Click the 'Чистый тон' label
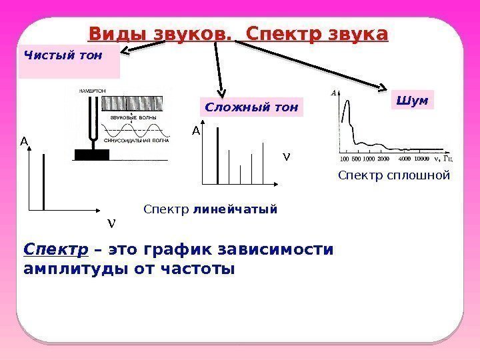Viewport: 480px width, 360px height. pyautogui.click(x=63, y=56)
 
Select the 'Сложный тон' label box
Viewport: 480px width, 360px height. pyautogui.click(x=251, y=107)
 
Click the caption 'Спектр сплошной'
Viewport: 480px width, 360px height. pyautogui.click(x=394, y=176)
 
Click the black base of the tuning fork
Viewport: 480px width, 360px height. pyautogui.click(x=91, y=155)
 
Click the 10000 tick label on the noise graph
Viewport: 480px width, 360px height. pyautogui.click(x=421, y=159)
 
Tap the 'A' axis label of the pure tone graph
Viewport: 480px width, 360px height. pyautogui.click(x=23, y=141)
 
